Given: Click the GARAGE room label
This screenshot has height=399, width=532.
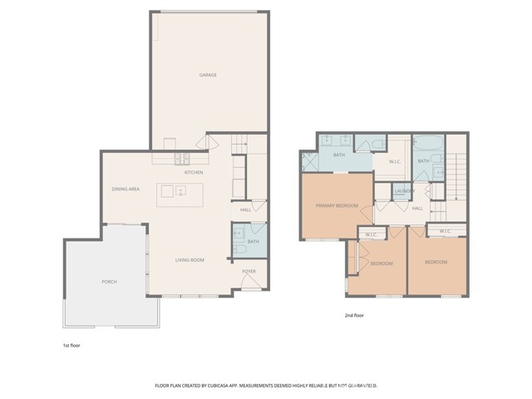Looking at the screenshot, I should pyautogui.click(x=208, y=75).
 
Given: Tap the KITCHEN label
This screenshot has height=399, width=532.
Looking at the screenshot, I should pyautogui.click(x=194, y=172).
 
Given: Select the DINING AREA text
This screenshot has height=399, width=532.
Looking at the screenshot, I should pyautogui.click(x=126, y=190).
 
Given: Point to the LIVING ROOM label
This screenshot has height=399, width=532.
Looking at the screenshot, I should pyautogui.click(x=190, y=260).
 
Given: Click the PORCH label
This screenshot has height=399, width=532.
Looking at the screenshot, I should pyautogui.click(x=110, y=282).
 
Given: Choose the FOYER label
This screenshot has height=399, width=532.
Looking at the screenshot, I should pyautogui.click(x=249, y=271).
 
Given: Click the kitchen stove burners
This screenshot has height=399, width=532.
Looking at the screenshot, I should pyautogui.click(x=182, y=160).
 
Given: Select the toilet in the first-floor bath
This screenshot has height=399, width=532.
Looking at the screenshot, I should pyautogui.click(x=239, y=247).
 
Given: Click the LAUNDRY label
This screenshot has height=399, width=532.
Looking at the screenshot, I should pyautogui.click(x=405, y=191).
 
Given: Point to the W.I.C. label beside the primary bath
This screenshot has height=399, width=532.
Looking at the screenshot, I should pyautogui.click(x=396, y=161).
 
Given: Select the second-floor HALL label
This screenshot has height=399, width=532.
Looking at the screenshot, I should pyautogui.click(x=417, y=208).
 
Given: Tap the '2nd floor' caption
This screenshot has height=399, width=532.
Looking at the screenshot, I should pyautogui.click(x=354, y=316).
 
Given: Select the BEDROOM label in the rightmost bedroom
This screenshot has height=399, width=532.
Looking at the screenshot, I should pyautogui.click(x=436, y=263).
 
